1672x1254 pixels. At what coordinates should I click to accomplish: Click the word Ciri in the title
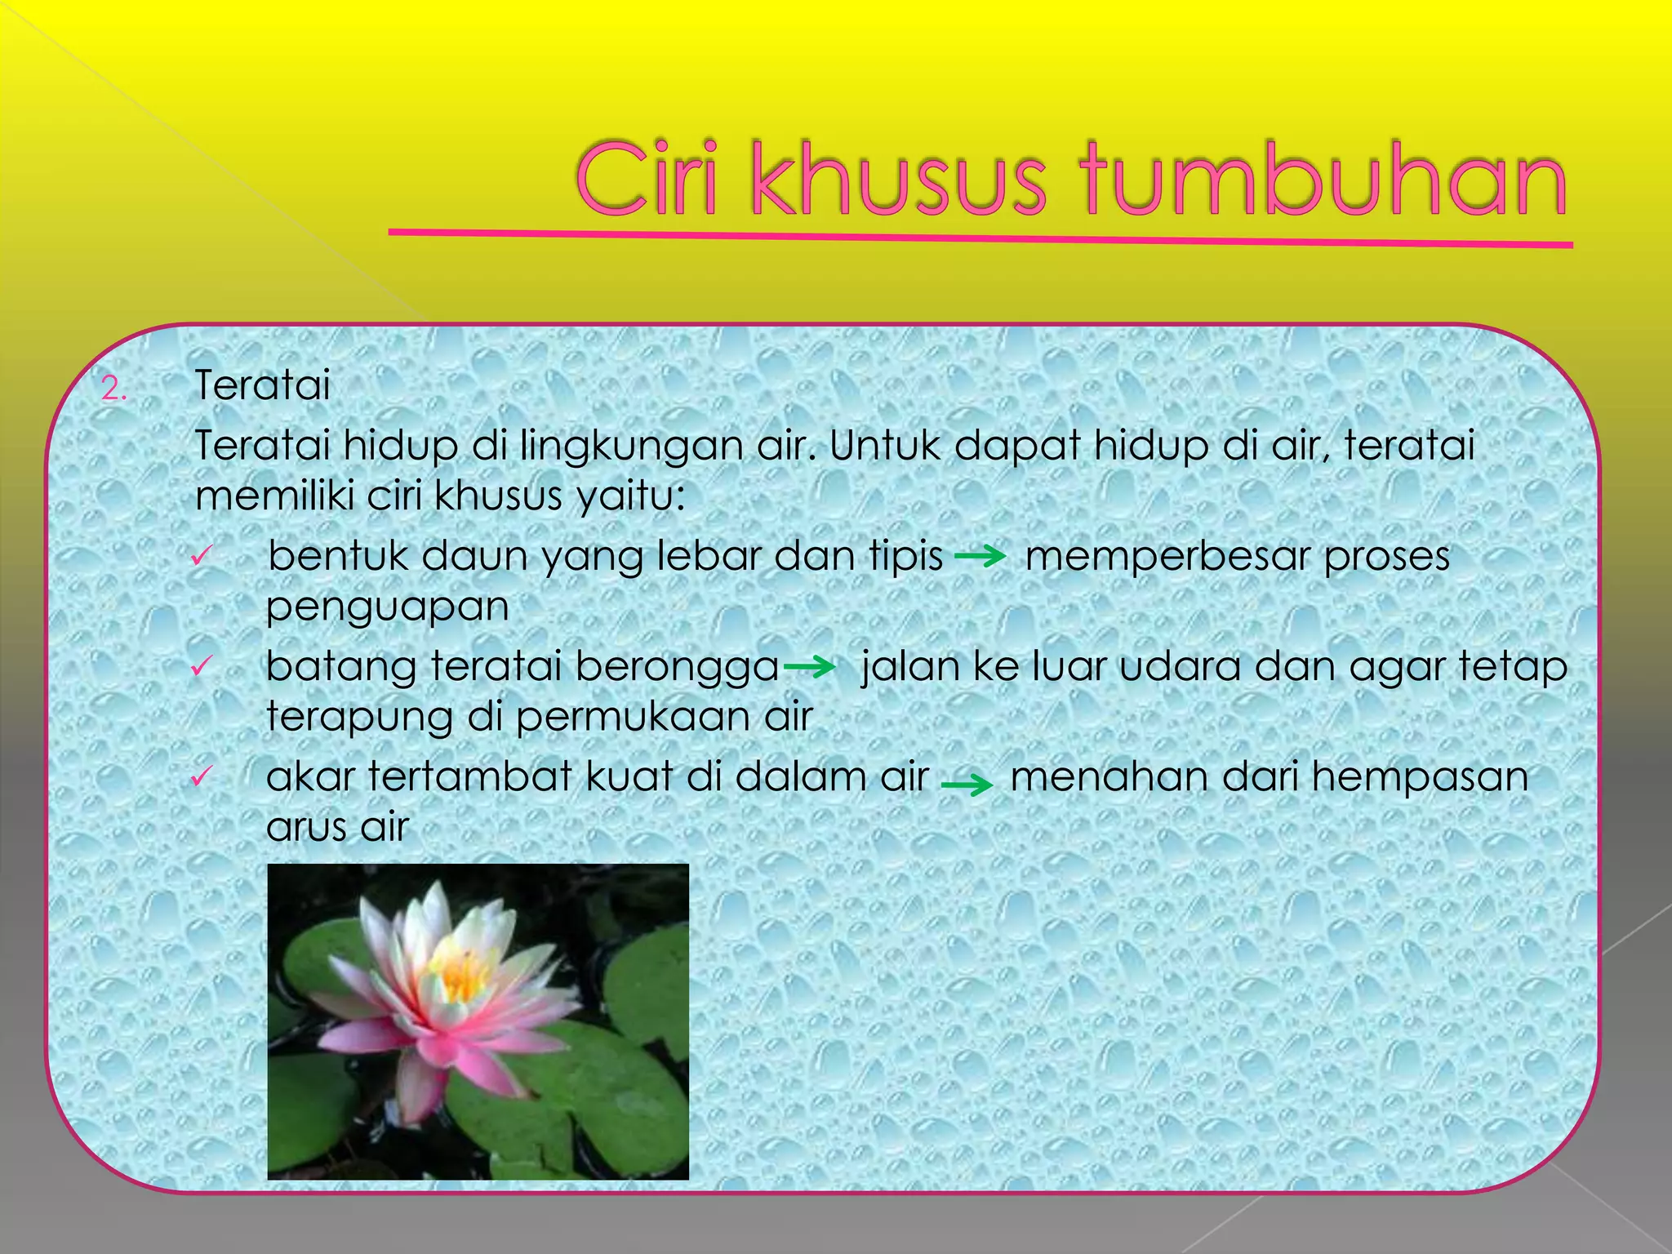click(x=647, y=180)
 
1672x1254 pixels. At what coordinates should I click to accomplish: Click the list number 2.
click(x=113, y=389)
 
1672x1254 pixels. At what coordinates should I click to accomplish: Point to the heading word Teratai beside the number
click(x=262, y=385)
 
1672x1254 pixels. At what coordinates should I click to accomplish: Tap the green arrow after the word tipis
click(x=980, y=558)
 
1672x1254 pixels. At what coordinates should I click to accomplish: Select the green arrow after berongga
click(x=809, y=668)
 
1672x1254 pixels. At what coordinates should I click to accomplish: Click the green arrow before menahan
click(x=967, y=785)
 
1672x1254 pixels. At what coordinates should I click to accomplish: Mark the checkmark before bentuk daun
click(x=201, y=557)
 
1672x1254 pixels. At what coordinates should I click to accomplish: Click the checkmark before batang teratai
click(x=201, y=666)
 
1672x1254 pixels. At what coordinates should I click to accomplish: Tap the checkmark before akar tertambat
click(x=201, y=776)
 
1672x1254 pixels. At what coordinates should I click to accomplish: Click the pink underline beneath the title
click(x=980, y=238)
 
